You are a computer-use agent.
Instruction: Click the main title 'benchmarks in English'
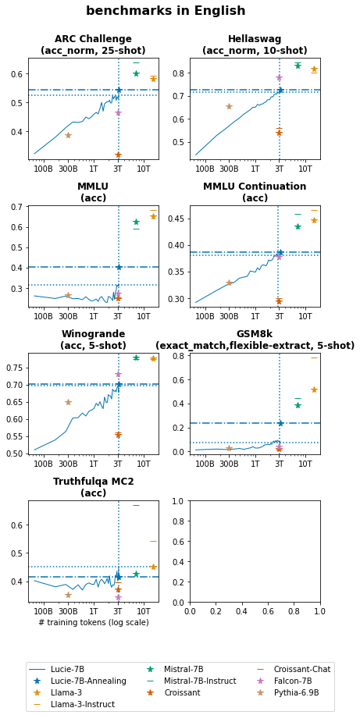pyautogui.click(x=166, y=11)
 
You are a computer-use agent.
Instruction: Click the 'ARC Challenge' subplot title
pyautogui.click(x=93, y=44)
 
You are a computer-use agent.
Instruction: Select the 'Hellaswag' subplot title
pyautogui.click(x=255, y=44)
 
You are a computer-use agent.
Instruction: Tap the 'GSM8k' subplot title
pyautogui.click(x=255, y=340)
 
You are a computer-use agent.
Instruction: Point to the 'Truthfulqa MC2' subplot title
pyautogui.click(x=93, y=487)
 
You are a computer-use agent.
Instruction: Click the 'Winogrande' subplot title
pyautogui.click(x=93, y=340)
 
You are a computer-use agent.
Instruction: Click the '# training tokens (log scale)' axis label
pyautogui.click(x=93, y=622)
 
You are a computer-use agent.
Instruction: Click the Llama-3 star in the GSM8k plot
pyautogui.click(x=314, y=390)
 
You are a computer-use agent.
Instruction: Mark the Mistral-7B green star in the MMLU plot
pyautogui.click(x=136, y=222)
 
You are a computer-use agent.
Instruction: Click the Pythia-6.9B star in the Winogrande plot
pyautogui.click(x=68, y=402)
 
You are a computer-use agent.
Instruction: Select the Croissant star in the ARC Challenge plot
pyautogui.click(x=118, y=155)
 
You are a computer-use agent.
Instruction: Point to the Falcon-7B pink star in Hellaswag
pyautogui.click(x=279, y=77)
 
